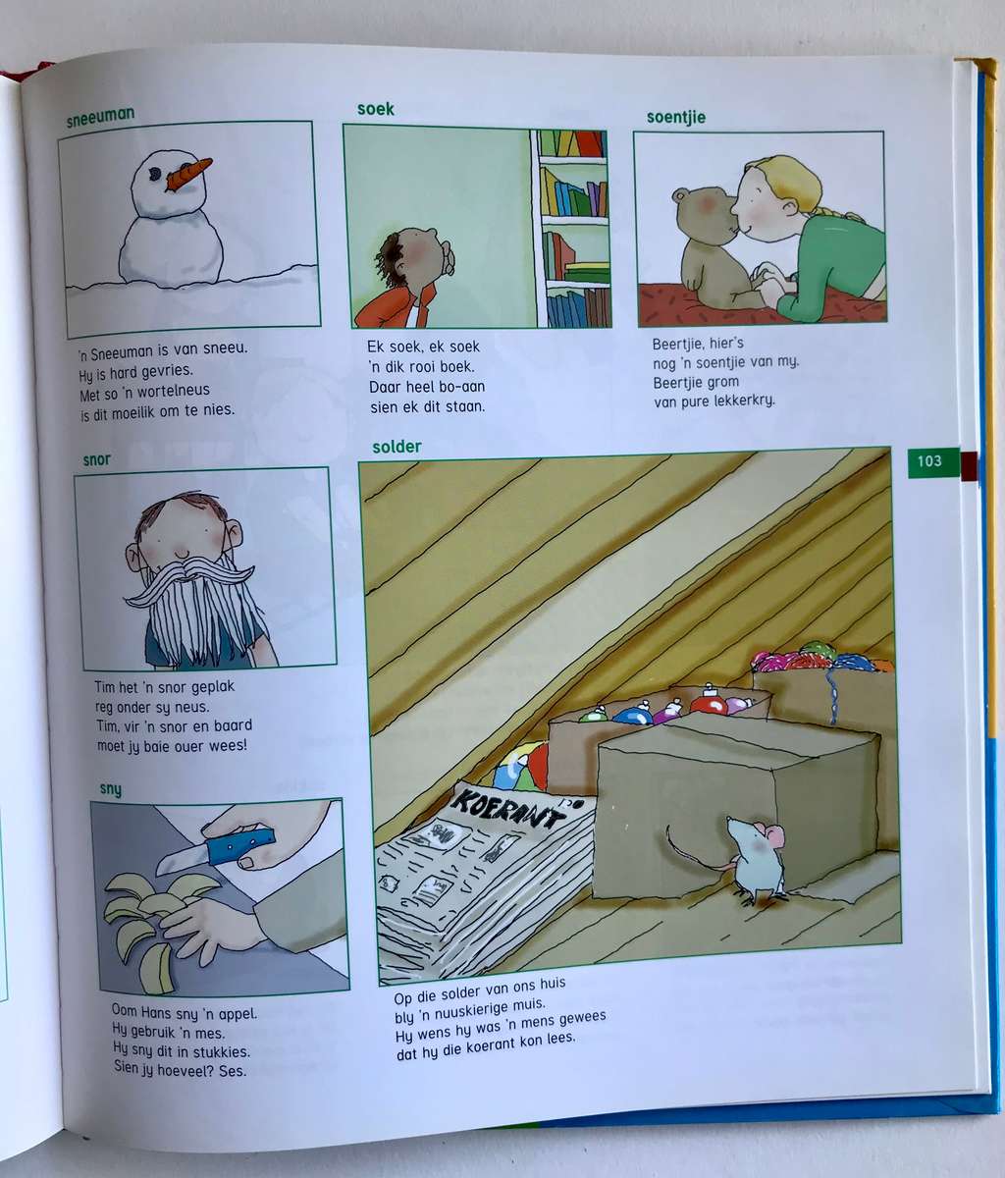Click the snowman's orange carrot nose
pyautogui.click(x=188, y=173)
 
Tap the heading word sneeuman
pyautogui.click(x=100, y=119)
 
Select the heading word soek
pyautogui.click(x=376, y=109)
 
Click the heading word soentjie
pyautogui.click(x=675, y=117)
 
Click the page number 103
pyautogui.click(x=928, y=460)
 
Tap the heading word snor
pyautogui.click(x=97, y=459)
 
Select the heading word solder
pyautogui.click(x=397, y=447)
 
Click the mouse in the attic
pyautogui.click(x=753, y=855)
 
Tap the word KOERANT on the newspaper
pyautogui.click(x=508, y=809)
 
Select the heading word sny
pyautogui.click(x=111, y=788)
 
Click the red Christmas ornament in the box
pyautogui.click(x=708, y=702)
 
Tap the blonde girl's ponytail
pyautogui.click(x=835, y=212)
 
